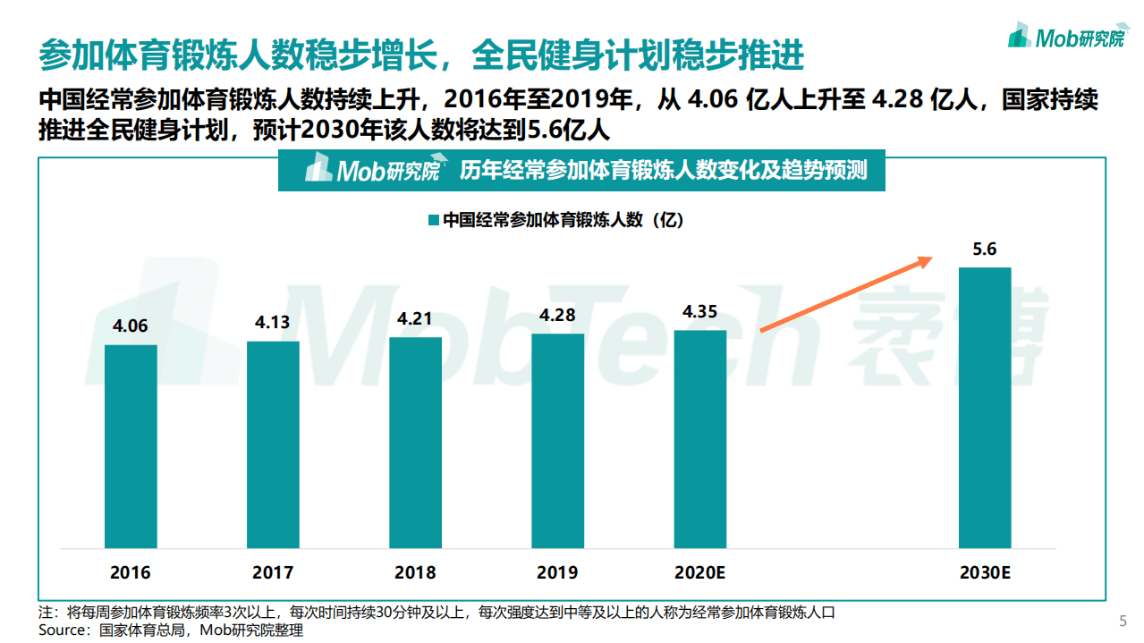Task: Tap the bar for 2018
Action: [x=415, y=442]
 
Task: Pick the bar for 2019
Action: [x=557, y=440]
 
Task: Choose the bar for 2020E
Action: [x=699, y=438]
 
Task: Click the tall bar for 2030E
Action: [x=985, y=407]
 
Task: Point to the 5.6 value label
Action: [x=985, y=250]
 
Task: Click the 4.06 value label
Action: [x=131, y=326]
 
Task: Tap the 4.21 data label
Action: [x=415, y=318]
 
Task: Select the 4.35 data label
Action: [x=699, y=312]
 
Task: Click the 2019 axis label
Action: [x=557, y=572]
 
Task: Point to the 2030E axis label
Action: [x=985, y=572]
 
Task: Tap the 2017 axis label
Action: [x=273, y=572]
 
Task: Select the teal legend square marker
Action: [x=433, y=220]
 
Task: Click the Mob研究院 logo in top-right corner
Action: [x=1066, y=37]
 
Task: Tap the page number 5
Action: [x=1123, y=621]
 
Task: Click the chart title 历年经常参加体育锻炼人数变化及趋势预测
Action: [x=663, y=170]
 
